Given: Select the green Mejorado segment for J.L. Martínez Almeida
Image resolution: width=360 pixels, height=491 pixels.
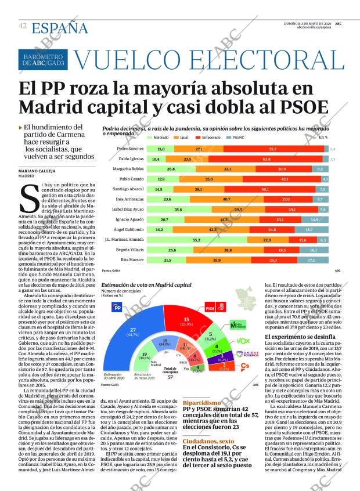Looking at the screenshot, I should tap(196, 239).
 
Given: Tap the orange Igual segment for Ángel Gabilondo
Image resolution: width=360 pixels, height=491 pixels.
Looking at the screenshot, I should tap(212, 229).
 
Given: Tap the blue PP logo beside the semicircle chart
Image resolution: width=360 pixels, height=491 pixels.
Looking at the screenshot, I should tap(116, 306).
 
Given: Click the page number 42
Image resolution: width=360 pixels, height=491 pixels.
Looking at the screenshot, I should tap(23, 26).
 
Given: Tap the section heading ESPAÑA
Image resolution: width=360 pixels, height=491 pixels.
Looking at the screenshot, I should tap(60, 28).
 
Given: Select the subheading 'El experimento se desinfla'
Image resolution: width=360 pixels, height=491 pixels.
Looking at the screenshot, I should tap(294, 337).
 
